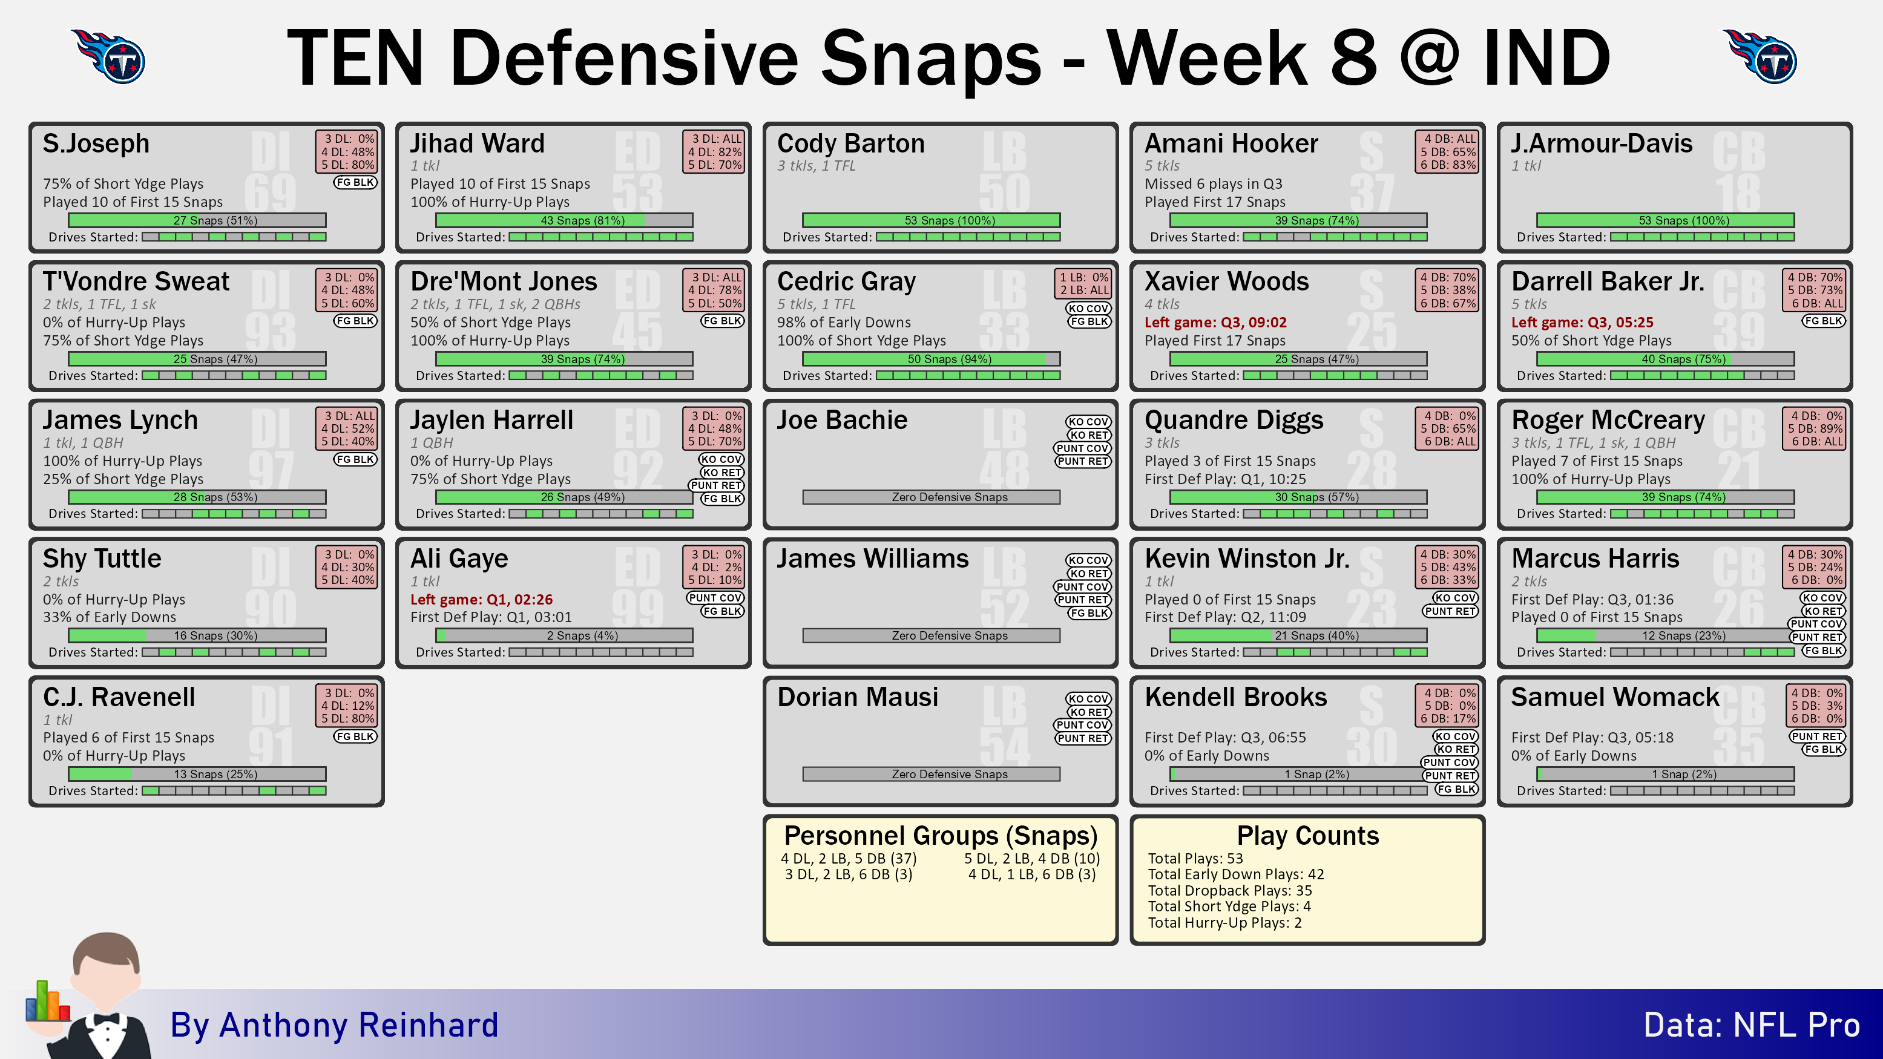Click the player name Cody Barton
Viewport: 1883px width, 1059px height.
850,143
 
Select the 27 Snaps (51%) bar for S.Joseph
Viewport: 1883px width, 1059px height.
197,220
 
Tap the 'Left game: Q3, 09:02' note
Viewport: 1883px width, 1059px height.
1215,323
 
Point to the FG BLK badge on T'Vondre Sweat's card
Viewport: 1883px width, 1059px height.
355,321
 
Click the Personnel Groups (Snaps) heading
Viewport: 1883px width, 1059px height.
941,835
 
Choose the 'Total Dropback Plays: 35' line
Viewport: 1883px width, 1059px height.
1229,890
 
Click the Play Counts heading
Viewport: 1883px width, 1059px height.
1308,835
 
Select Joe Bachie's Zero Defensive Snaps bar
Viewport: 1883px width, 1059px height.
932,497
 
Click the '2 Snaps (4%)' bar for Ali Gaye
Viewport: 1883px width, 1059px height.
564,636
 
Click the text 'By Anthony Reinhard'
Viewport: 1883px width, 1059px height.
334,1025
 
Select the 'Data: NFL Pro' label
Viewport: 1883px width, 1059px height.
1752,1025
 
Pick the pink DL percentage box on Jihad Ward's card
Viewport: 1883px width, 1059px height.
714,151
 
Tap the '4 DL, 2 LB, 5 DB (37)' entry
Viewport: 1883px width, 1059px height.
848,858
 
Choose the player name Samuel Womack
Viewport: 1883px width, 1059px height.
1615,697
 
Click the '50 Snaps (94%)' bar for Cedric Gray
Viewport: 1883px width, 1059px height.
932,359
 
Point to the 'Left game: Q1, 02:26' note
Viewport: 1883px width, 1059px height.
481,599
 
